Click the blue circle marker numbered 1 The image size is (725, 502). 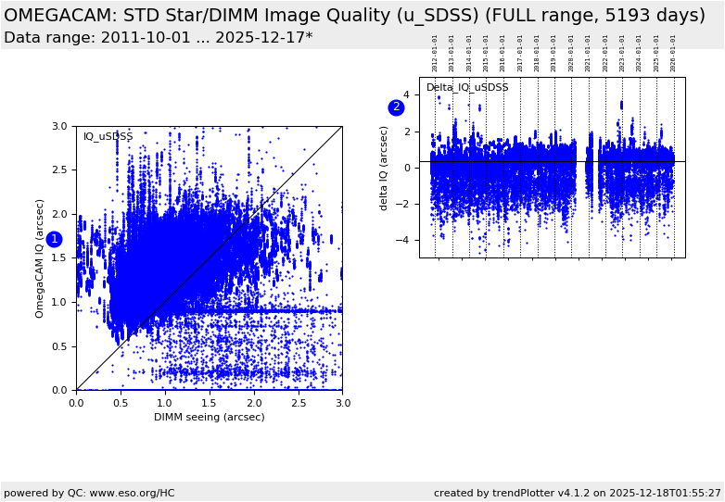[x=54, y=239]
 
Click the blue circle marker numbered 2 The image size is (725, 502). [x=396, y=107]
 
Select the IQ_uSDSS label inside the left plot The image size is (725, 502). [x=108, y=137]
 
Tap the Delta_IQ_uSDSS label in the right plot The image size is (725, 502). [x=467, y=88]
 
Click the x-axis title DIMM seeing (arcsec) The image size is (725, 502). [x=209, y=417]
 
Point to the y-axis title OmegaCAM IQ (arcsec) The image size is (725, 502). [x=40, y=257]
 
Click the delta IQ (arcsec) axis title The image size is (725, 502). [x=384, y=168]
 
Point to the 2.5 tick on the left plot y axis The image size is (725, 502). [x=58, y=170]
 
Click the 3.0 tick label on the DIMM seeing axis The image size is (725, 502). [x=342, y=403]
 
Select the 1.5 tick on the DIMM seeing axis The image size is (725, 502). [x=209, y=403]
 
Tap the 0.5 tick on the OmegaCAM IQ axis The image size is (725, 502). [x=58, y=346]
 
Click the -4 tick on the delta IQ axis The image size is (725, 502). [x=405, y=240]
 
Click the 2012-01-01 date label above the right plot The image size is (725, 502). [x=435, y=53]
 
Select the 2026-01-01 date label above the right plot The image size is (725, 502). [x=673, y=53]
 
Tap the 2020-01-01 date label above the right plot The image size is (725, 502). [x=571, y=53]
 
